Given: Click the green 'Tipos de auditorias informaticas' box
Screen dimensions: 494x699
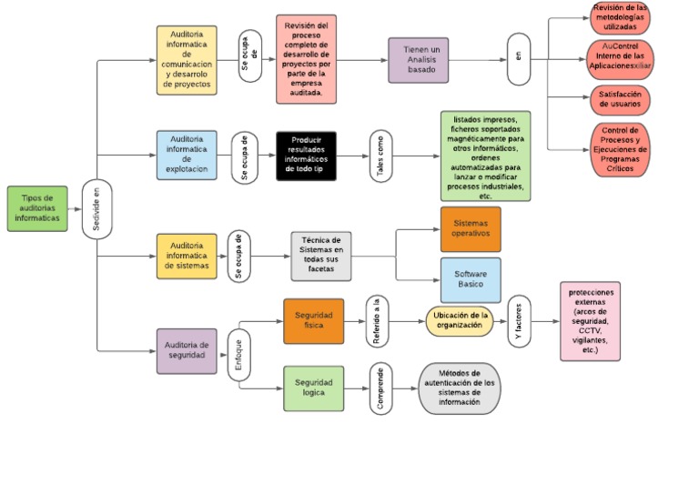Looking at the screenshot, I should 37,208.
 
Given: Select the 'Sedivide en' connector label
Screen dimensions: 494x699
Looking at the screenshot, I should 96,209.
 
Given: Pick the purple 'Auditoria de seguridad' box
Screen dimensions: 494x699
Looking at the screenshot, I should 187,351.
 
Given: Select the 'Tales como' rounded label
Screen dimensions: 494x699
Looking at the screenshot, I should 380,155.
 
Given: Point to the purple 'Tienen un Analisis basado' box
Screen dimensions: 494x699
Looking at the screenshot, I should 418,61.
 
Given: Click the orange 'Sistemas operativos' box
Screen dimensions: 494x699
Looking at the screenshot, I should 471,228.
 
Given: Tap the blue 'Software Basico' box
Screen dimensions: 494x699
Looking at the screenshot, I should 471,279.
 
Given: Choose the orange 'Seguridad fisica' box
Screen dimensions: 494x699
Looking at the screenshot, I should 313,321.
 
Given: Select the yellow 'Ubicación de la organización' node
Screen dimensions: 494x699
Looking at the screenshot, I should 459,321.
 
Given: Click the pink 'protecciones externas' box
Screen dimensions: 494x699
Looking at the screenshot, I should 591,321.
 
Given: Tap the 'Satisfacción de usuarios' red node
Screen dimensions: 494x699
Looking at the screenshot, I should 619,98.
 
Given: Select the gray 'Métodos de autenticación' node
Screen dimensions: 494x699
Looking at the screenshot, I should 459,388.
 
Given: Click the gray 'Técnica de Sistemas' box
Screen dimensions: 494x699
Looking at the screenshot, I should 321,256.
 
